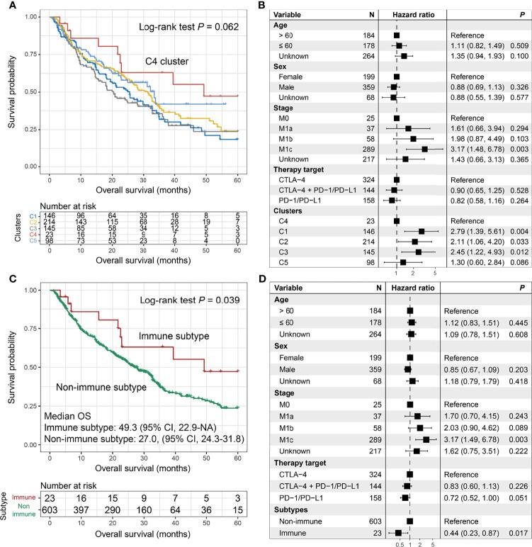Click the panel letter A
pyautogui.click(x=6, y=7)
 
